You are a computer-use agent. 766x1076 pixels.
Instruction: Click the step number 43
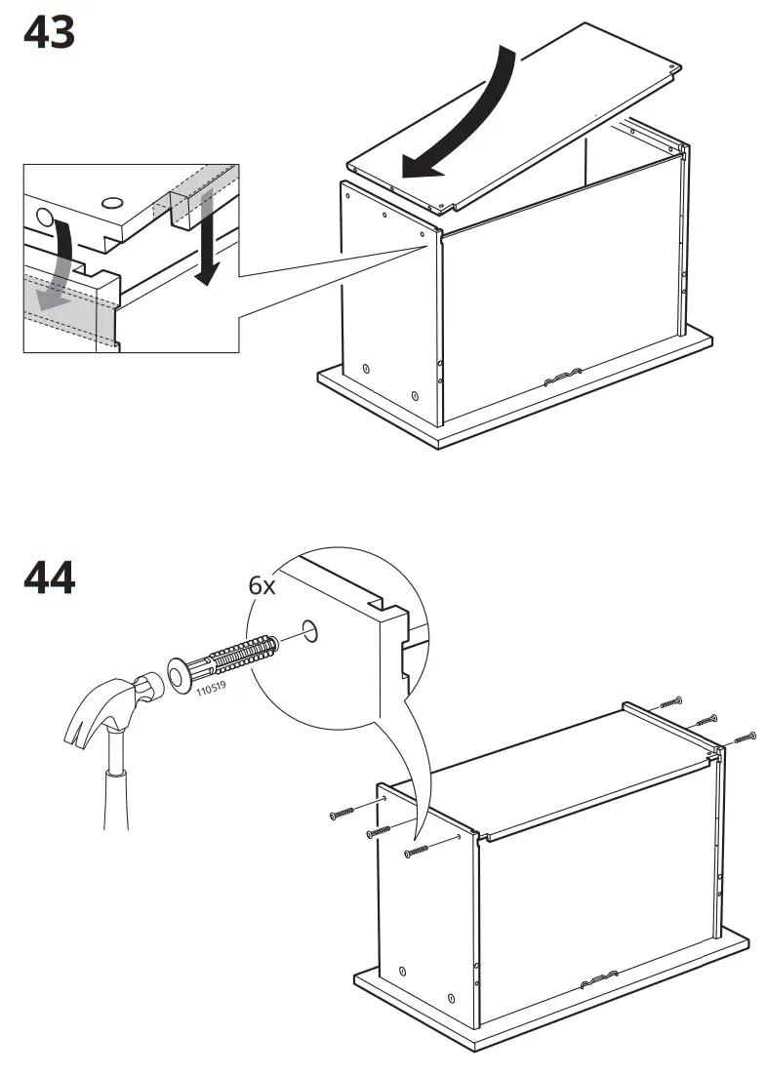50,32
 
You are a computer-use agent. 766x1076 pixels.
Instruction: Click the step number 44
50,578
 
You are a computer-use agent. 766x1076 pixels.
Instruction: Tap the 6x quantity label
262,585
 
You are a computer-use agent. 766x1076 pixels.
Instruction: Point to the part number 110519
212,688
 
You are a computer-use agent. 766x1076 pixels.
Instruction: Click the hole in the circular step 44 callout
310,630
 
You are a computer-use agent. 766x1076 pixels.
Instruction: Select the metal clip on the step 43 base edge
562,377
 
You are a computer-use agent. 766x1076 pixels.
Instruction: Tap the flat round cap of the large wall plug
178,674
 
